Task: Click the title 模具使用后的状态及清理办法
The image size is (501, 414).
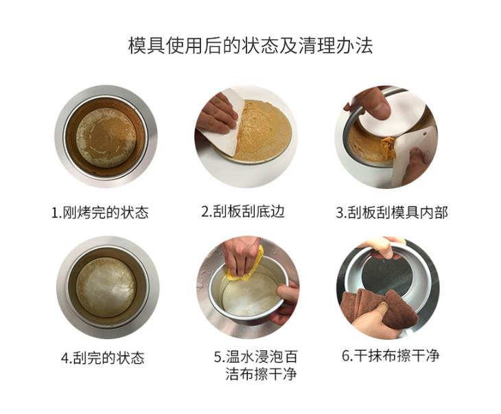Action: coord(250,45)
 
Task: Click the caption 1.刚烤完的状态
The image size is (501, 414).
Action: coord(100,212)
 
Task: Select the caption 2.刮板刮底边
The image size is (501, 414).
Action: coord(243,211)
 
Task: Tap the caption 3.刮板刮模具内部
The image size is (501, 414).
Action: coord(392,212)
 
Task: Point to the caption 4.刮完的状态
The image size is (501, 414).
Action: coord(103,358)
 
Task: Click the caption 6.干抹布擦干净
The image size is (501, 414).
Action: coord(391,356)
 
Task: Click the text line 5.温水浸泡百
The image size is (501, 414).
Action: coord(255,357)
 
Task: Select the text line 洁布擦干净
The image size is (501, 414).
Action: coord(261,373)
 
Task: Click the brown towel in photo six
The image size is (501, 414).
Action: coord(380,307)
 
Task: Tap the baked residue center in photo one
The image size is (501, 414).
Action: coord(106,137)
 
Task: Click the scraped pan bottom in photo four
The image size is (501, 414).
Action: coord(106,287)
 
